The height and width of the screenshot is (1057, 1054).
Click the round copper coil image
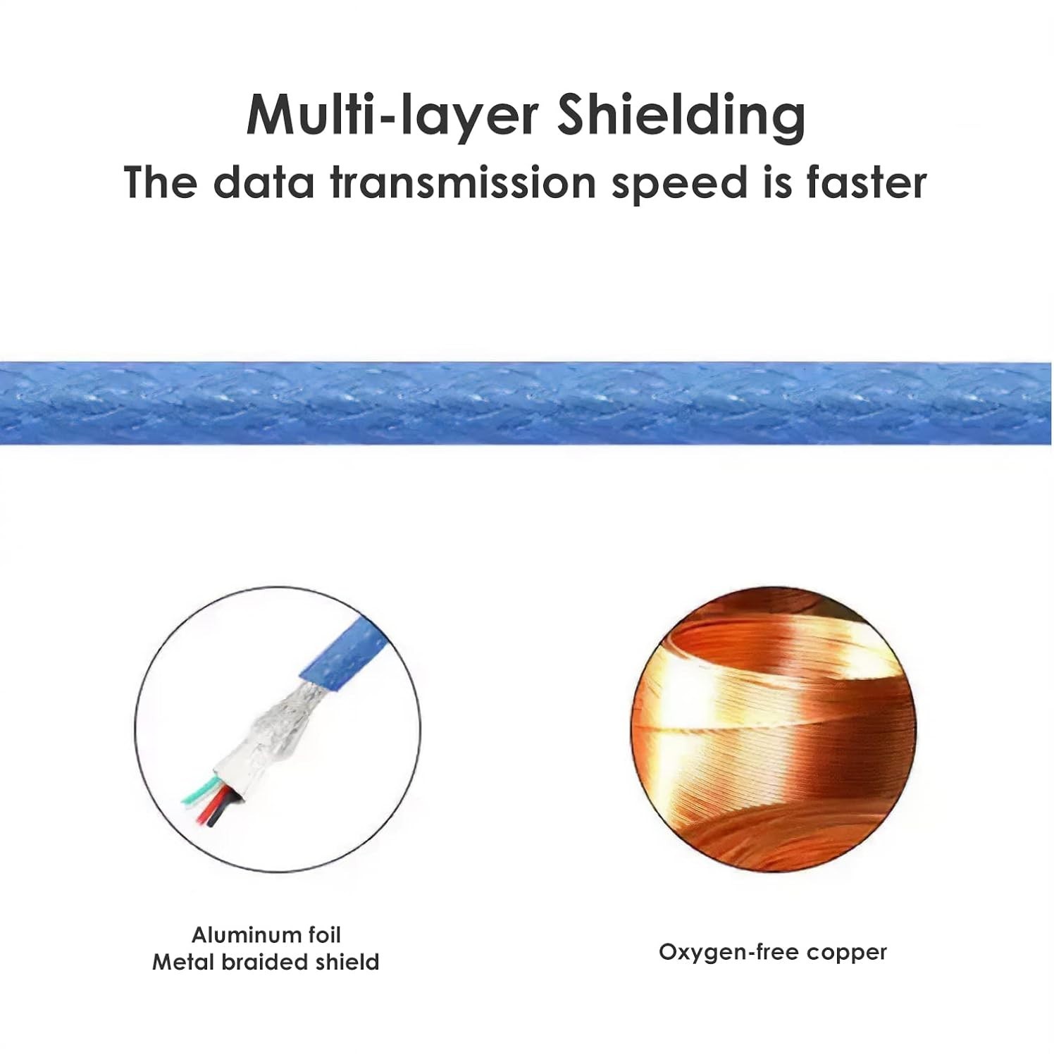click(773, 729)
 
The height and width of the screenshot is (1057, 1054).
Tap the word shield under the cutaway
click(349, 962)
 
